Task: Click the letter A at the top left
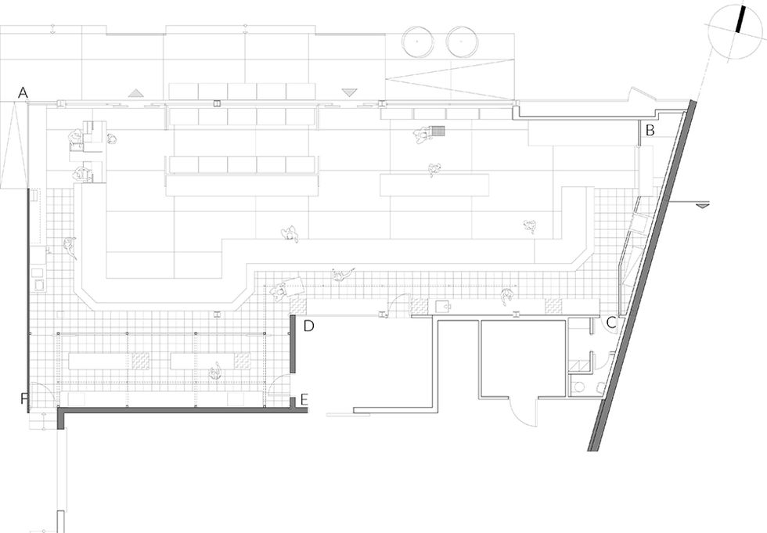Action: point(23,93)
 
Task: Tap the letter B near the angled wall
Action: point(649,131)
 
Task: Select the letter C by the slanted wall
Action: point(611,322)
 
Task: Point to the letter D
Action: point(308,325)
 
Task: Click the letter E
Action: point(304,399)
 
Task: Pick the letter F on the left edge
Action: point(23,399)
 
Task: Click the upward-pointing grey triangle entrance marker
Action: point(137,92)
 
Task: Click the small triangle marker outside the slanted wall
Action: point(703,205)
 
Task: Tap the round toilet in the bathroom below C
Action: point(579,386)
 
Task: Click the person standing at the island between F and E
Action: point(214,370)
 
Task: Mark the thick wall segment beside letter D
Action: point(293,344)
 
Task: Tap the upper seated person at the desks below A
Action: point(75,139)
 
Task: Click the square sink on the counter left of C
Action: point(443,306)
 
